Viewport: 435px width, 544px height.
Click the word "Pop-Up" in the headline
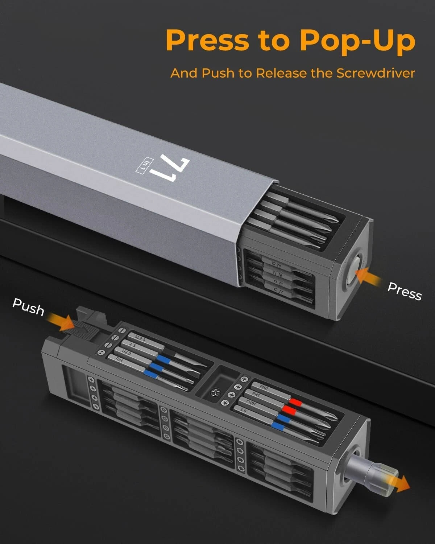357,41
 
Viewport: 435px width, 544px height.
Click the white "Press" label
405,291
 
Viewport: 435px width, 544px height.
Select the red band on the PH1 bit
288,410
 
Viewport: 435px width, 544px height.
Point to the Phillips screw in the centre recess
215,391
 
